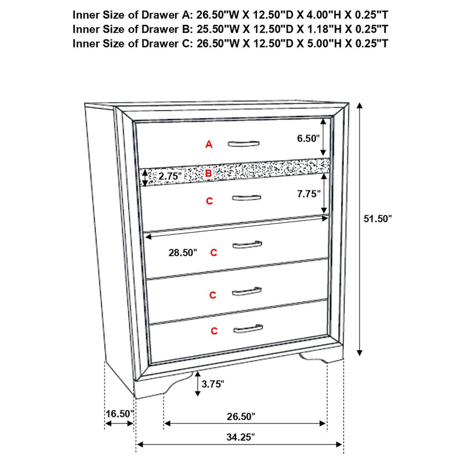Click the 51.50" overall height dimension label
coord(378,219)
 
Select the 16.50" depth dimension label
coord(119,414)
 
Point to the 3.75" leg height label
coord(213,383)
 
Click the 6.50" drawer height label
coord(308,139)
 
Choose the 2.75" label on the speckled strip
coord(170,175)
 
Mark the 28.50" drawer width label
coord(182,253)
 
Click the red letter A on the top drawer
coord(209,144)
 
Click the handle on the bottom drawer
coord(248,330)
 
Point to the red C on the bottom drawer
coord(214,331)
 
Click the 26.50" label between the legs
coord(240,416)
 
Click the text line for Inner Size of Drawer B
coord(230,28)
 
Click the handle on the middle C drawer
coord(247,245)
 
